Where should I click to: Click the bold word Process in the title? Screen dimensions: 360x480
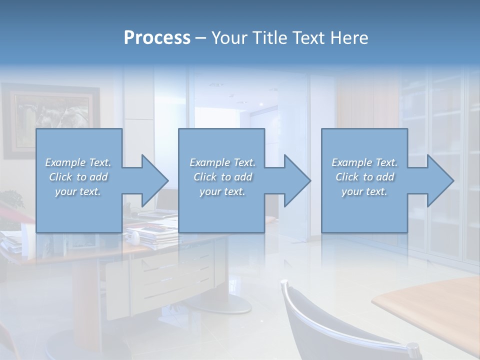coord(157,38)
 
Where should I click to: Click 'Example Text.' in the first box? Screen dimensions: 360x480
coord(78,162)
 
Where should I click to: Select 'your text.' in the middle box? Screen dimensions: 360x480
coord(222,191)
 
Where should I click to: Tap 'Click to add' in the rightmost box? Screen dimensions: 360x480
coord(364,177)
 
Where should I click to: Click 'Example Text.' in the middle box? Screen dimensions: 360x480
coord(222,162)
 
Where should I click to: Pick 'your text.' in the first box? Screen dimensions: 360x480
coord(78,191)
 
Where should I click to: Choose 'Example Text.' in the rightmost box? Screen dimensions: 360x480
coord(364,162)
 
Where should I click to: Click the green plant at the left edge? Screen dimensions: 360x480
coord(12,200)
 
